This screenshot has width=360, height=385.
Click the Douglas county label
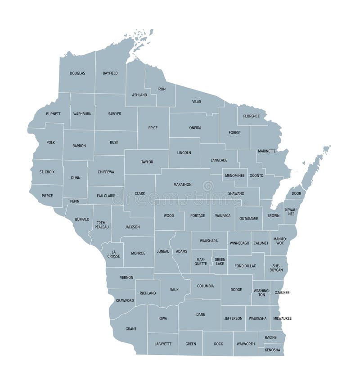[77, 73]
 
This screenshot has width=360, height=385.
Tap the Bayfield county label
[110, 73]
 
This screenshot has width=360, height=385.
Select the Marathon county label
[182, 184]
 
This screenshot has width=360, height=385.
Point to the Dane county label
[200, 314]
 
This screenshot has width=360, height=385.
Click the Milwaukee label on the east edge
[282, 318]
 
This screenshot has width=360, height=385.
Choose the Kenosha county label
[272, 350]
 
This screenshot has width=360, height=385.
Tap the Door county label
[296, 193]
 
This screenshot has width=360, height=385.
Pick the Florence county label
[252, 116]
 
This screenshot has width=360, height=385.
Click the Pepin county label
[75, 201]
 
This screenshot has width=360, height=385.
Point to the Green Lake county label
[220, 261]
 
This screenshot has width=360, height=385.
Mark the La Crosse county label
[114, 254]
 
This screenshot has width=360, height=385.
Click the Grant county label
[130, 329]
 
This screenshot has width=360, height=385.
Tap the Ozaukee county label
[282, 293]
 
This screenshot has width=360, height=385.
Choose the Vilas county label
[197, 102]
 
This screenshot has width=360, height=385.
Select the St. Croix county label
[47, 172]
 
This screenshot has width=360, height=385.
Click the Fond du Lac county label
[245, 266]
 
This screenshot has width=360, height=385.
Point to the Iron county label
[162, 89]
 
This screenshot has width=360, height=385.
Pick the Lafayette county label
[163, 344]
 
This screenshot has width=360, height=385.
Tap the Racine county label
[270, 337]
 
